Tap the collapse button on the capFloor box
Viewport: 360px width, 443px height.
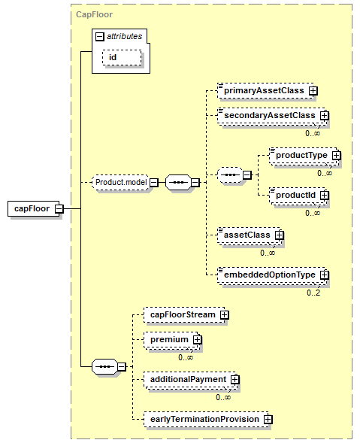(59, 209)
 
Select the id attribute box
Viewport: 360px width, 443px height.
(122, 58)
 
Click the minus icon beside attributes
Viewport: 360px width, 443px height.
(99, 36)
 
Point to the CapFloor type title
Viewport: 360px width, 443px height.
(94, 14)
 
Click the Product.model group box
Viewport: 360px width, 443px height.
(121, 182)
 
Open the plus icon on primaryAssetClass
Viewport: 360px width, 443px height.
(313, 91)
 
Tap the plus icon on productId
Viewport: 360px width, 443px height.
(325, 196)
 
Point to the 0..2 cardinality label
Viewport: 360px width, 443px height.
(313, 293)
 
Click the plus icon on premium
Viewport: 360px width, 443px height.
(197, 340)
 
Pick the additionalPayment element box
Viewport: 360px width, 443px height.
(189, 379)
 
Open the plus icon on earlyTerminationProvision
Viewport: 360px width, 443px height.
(268, 419)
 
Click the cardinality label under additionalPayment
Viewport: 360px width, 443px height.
(223, 398)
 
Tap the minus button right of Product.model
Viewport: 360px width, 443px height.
(153, 183)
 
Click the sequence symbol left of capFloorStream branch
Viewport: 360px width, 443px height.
(104, 367)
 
